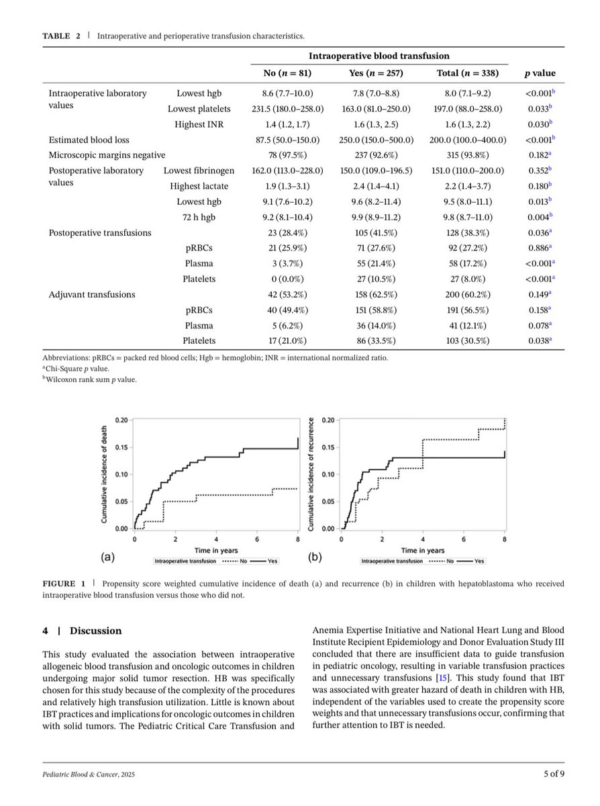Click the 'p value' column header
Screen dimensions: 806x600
click(539, 73)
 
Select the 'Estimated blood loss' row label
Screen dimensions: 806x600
click(89, 140)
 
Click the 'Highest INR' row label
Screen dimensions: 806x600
click(199, 124)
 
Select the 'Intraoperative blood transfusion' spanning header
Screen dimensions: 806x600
click(379, 56)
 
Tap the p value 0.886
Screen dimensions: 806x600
click(538, 248)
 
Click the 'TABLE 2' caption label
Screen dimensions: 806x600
click(62, 36)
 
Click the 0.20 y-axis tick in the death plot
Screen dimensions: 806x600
click(121, 420)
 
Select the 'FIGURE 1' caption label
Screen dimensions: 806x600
click(64, 584)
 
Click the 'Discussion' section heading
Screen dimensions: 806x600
click(96, 631)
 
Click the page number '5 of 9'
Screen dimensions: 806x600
click(554, 774)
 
